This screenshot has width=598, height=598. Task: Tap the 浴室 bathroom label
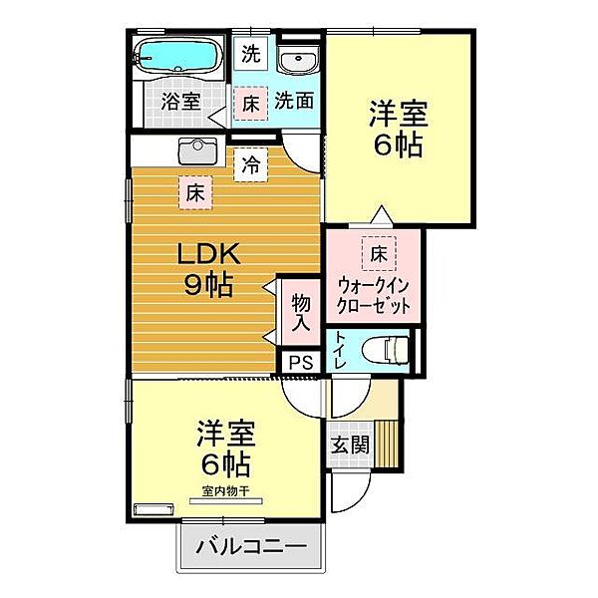point(181,101)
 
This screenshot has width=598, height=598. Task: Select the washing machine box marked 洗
point(251,55)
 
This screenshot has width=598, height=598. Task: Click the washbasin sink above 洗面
point(297,61)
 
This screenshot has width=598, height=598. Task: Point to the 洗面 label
point(295,101)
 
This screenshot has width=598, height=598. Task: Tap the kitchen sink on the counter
point(195,152)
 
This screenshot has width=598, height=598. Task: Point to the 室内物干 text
point(225,490)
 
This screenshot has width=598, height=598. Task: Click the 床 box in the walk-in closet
point(379,253)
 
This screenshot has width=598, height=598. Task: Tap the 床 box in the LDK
point(193,192)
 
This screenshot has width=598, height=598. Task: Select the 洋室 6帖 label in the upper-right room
point(397,127)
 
